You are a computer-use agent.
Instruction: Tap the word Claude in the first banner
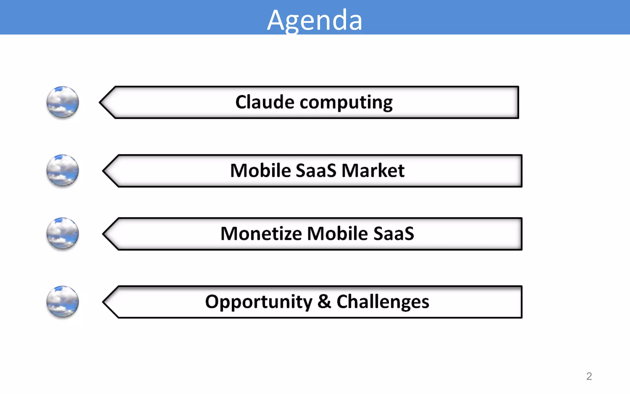point(265,102)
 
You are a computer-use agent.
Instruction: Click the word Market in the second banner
point(373,171)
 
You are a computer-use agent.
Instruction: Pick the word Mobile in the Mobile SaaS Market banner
point(260,171)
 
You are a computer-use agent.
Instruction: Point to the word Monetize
point(261,234)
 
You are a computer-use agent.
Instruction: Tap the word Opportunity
point(258,302)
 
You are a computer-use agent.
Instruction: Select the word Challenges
point(383,302)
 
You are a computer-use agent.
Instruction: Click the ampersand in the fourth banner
point(324,302)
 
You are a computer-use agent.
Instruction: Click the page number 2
point(589,376)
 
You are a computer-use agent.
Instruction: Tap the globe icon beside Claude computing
point(63,102)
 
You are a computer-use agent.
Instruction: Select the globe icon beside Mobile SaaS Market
point(63,171)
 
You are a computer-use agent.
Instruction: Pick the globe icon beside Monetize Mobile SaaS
point(63,234)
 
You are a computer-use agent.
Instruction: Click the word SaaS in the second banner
point(316,171)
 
